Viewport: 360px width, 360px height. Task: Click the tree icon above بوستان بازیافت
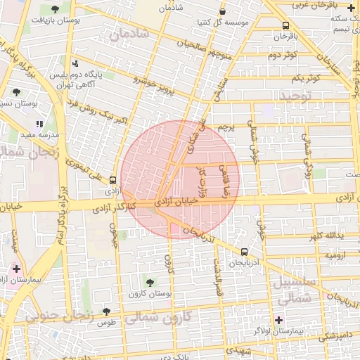55,9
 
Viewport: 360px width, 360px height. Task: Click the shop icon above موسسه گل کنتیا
223,11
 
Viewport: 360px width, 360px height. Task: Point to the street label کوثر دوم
285,54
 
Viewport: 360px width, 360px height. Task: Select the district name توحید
293,95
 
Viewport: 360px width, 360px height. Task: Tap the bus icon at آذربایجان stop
244,252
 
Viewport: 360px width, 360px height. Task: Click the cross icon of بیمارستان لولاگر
279,320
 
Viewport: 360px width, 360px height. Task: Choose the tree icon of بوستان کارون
148,282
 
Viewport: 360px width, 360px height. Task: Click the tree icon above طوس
106,311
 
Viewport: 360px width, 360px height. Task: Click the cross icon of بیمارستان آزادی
16,269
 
